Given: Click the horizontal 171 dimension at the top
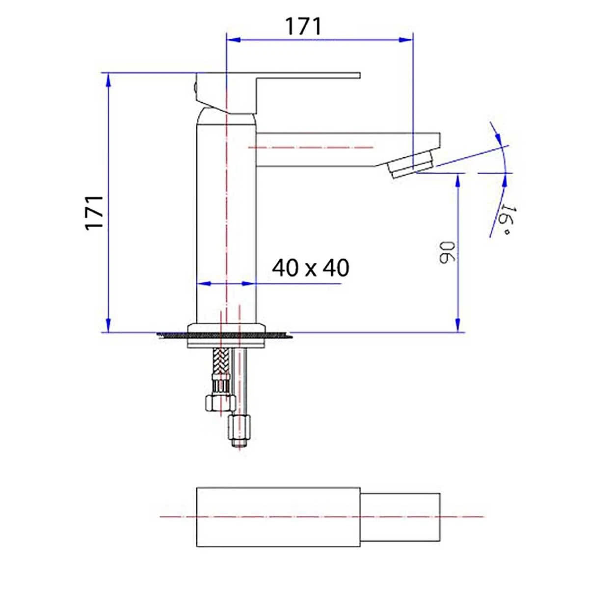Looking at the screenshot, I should pyautogui.click(x=304, y=27).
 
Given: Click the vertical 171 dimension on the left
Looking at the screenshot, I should pyautogui.click(x=94, y=212).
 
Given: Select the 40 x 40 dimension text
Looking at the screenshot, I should pyautogui.click(x=310, y=268).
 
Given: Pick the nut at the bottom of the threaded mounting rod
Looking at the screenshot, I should pyautogui.click(x=240, y=427).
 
